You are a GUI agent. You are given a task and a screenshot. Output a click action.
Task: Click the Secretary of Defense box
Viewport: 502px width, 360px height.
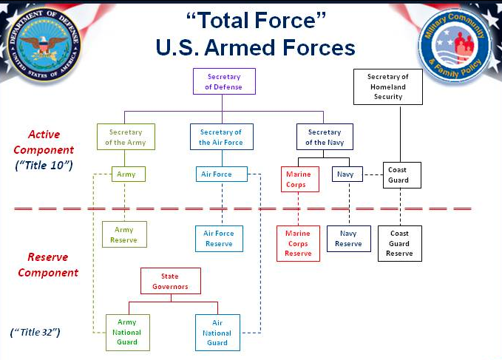[x=224, y=82]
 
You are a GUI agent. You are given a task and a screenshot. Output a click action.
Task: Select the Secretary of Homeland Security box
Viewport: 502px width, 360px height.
[x=388, y=86]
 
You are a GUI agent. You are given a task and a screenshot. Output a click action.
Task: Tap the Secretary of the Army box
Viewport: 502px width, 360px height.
[x=126, y=137]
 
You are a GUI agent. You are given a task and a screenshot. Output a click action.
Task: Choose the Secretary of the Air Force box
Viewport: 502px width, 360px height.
[x=220, y=137]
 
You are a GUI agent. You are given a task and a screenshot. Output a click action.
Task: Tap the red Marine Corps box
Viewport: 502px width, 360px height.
[x=299, y=180]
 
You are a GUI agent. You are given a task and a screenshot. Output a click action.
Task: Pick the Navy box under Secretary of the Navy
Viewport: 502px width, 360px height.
[x=345, y=174]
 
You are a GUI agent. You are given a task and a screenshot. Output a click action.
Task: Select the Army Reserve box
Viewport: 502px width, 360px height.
[x=124, y=234]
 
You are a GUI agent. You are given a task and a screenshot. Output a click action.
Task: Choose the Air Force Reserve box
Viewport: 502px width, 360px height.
[x=219, y=239]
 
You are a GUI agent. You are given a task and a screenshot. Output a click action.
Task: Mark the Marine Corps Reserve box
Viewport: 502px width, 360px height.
[x=298, y=243]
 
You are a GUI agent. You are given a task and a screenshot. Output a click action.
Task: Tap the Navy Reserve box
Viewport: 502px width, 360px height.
[x=348, y=239]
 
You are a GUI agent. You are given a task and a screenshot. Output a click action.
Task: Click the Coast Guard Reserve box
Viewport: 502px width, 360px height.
[x=399, y=243]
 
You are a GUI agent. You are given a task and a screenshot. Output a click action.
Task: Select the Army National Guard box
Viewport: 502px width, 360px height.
[x=128, y=333]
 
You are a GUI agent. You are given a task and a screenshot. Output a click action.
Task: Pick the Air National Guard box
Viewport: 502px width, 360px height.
[x=217, y=333]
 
